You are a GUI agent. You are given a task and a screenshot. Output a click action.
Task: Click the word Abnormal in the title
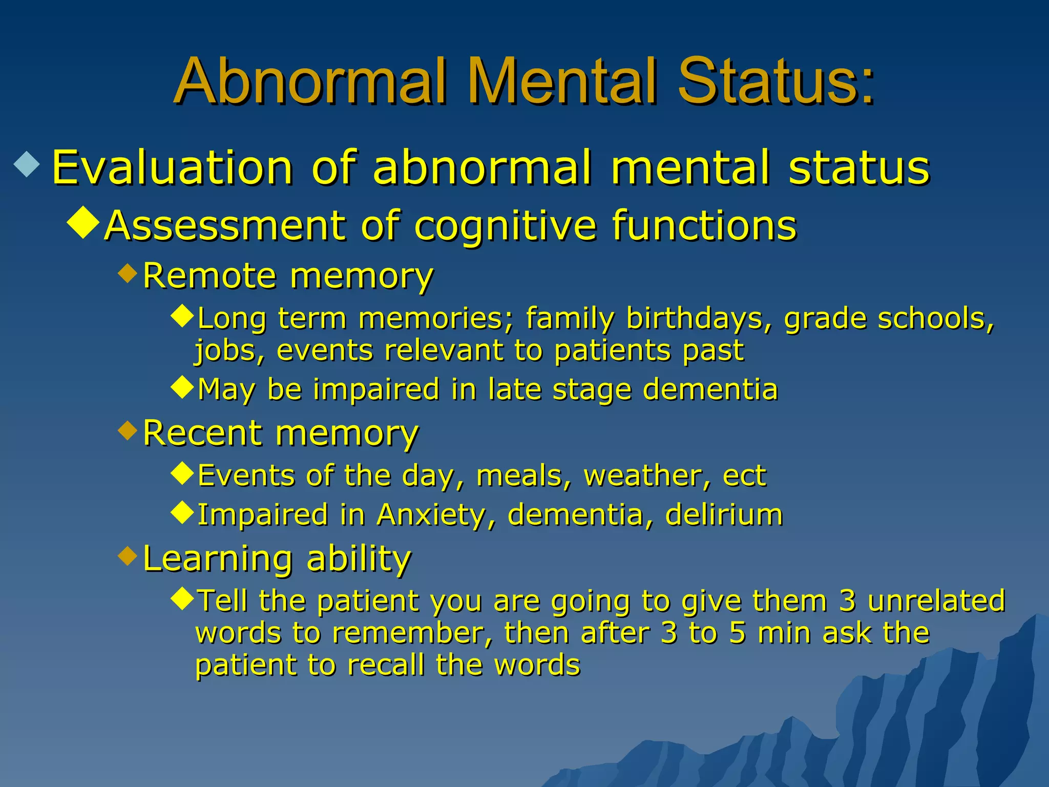312,82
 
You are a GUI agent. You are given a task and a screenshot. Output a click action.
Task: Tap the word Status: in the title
775,82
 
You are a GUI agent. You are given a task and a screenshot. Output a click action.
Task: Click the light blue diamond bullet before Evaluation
27,165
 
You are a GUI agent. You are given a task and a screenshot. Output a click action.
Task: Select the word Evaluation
173,168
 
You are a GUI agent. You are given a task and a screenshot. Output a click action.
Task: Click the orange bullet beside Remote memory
128,273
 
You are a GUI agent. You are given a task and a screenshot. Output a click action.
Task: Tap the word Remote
209,276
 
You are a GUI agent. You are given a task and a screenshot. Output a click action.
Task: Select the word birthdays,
699,318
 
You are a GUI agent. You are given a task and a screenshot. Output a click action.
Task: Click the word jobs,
229,351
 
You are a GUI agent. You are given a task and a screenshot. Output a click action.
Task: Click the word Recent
202,433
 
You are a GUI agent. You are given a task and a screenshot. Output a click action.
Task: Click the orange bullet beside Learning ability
128,555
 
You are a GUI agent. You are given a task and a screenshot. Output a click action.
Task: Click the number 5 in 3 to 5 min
737,633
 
